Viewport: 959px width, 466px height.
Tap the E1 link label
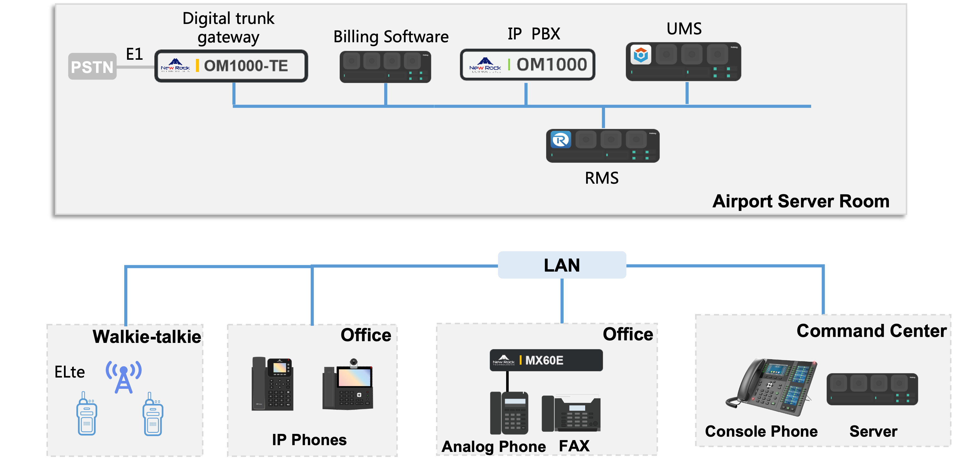[x=134, y=54]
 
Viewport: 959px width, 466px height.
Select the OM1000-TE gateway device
[x=231, y=66]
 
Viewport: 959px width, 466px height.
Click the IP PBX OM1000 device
[x=528, y=65]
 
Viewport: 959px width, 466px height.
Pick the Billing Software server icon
[x=385, y=67]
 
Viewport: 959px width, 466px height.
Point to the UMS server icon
[x=684, y=62]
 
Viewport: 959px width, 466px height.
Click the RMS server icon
[x=603, y=146]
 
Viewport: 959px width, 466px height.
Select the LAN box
[x=562, y=265]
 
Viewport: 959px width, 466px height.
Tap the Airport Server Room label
[x=801, y=201]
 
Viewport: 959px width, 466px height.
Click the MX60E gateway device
[x=546, y=360]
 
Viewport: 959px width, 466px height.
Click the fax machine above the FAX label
[x=571, y=414]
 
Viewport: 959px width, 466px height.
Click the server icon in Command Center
[x=872, y=389]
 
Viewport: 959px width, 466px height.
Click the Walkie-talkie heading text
[x=147, y=337]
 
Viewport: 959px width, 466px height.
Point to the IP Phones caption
[x=309, y=440]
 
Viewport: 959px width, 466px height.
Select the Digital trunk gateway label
[x=228, y=28]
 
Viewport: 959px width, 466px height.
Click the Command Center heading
[x=871, y=331]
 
